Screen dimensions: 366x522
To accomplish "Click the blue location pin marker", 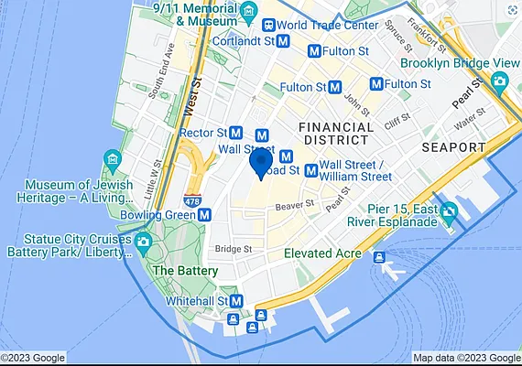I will (x=260, y=164).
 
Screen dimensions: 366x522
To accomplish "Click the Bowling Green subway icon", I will (x=205, y=215).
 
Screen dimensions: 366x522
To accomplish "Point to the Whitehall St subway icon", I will (x=236, y=301).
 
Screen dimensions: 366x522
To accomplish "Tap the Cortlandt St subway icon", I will (x=284, y=41).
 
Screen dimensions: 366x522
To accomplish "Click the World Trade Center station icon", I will (x=269, y=25).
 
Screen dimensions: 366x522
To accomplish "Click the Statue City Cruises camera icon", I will (x=142, y=242).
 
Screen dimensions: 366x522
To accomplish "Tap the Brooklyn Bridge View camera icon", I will (x=499, y=81).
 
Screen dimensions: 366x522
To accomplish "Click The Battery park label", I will (x=185, y=271).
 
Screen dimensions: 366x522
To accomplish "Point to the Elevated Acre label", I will (x=321, y=253).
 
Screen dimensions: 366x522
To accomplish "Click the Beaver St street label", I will (x=295, y=205).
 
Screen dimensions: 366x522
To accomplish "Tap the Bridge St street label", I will (x=234, y=248).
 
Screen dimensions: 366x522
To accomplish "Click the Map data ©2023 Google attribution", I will (x=466, y=358).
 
